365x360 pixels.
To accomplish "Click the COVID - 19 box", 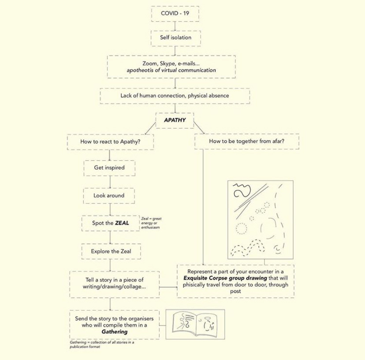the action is pos(175,14).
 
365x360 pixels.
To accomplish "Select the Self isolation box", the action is pos(175,38).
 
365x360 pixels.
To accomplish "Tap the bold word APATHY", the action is pos(175,120).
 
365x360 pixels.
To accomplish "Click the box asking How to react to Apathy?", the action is pos(110,142).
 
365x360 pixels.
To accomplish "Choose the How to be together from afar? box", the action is pos(246,142).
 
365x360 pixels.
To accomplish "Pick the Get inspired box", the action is pos(109,168).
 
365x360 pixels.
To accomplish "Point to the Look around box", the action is pos(109,195).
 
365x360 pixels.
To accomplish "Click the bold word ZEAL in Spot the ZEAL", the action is pos(122,223).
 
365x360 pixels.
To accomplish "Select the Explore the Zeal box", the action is pos(111,251).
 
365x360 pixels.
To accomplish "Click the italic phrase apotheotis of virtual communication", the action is pos(171,70).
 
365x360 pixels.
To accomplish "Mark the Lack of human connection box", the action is pos(175,95).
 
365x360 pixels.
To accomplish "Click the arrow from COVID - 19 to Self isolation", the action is pos(175,26).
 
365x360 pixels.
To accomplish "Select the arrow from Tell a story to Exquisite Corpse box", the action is pos(168,287).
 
